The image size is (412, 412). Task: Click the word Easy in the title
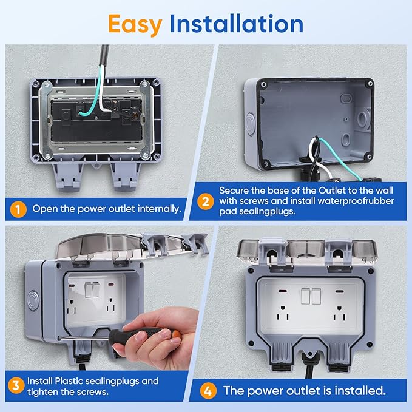pos(135,23)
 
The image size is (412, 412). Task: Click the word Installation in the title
pos(236,23)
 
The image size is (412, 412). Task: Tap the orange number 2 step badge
pos(204,200)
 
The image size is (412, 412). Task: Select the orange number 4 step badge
pos(210,390)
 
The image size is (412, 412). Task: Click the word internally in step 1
pos(156,209)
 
